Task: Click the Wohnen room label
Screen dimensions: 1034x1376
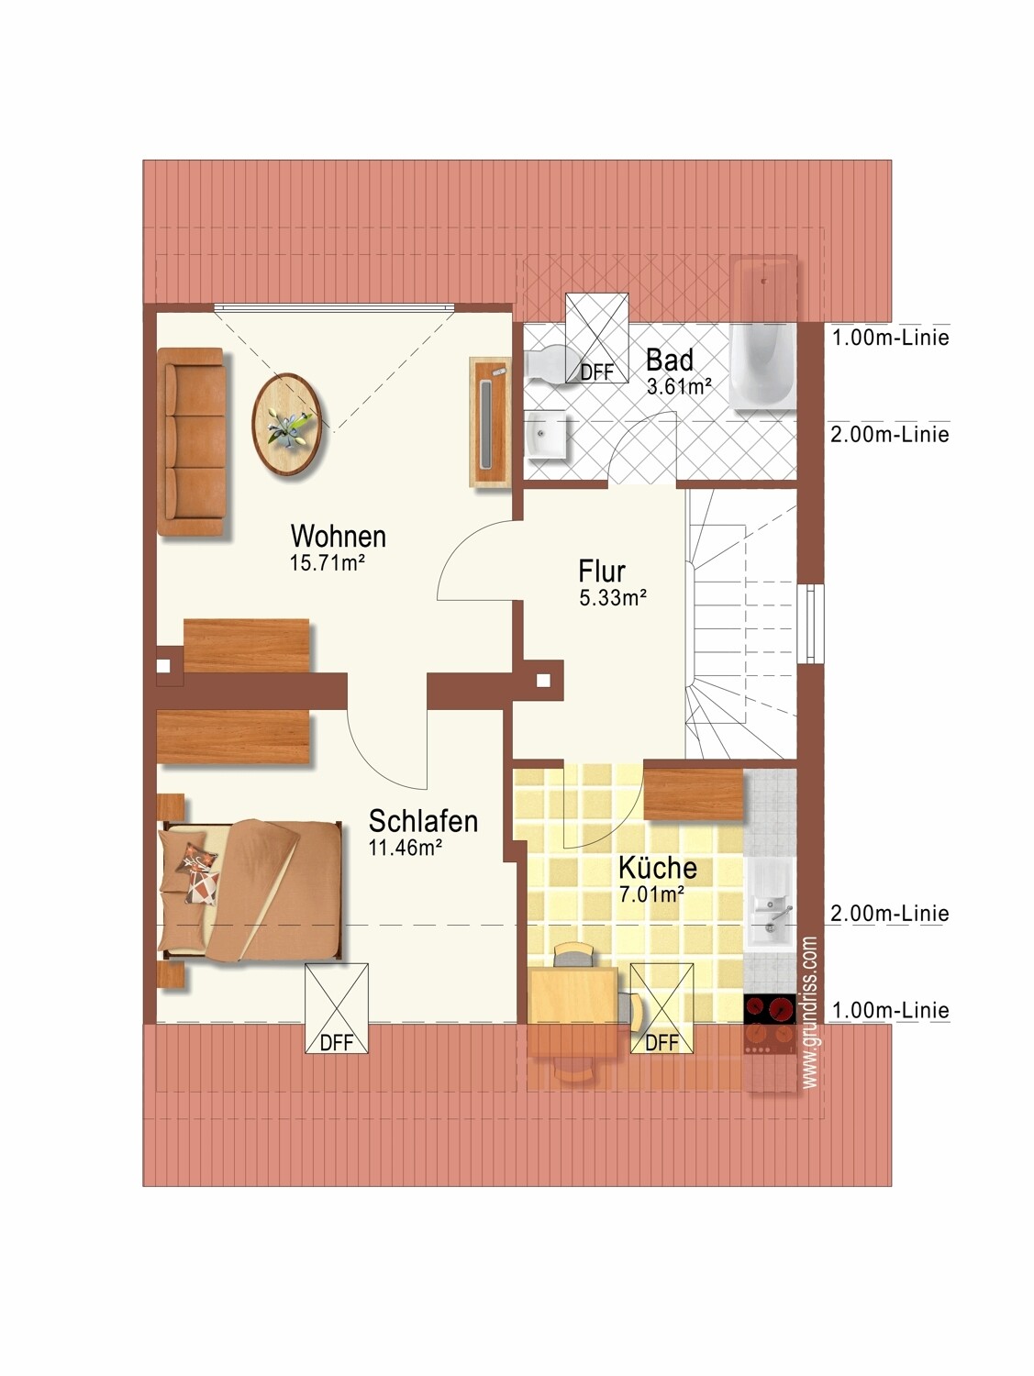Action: tap(338, 537)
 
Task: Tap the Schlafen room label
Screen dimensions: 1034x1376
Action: tap(423, 821)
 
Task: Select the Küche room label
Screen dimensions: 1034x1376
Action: tap(658, 868)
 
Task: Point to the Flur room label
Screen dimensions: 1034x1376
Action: tap(602, 572)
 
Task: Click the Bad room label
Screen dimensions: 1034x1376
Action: tap(670, 361)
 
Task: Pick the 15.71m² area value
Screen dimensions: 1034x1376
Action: tap(328, 563)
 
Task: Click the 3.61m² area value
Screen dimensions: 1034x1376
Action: tap(679, 387)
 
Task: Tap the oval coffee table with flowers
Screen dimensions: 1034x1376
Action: tap(286, 424)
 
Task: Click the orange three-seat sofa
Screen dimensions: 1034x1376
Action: tap(191, 442)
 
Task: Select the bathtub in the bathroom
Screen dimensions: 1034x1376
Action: tap(763, 336)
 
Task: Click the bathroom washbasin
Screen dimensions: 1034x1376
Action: tap(548, 436)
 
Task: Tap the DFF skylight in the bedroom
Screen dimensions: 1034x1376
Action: tap(337, 1009)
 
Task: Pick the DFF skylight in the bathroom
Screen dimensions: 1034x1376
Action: tap(597, 338)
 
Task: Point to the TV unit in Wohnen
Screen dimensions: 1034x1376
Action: tap(490, 422)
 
